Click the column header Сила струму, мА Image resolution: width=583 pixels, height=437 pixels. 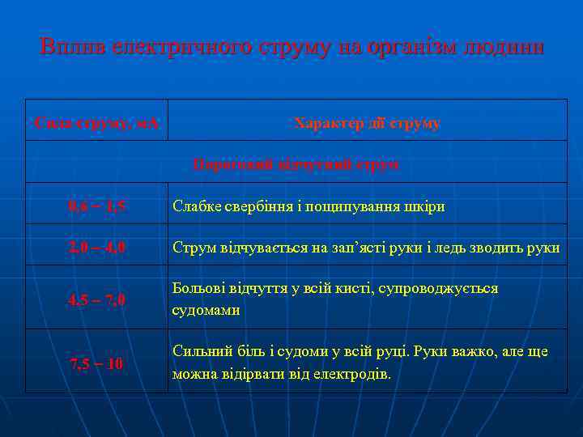pos(97,123)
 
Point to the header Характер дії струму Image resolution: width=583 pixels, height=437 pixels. pos(368,123)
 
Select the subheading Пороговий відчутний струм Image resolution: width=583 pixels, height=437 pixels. pos(296,163)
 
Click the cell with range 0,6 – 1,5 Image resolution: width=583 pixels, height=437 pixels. pos(97,206)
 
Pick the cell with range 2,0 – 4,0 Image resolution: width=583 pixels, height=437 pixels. pos(97,248)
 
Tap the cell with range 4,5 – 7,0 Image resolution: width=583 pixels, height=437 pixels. pos(97,300)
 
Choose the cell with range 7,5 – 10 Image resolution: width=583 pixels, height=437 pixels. pos(97,363)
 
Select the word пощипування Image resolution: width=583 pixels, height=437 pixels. pos(355,206)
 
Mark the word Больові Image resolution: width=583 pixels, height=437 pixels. pos(198,289)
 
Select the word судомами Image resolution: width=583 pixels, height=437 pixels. pos(206,310)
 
